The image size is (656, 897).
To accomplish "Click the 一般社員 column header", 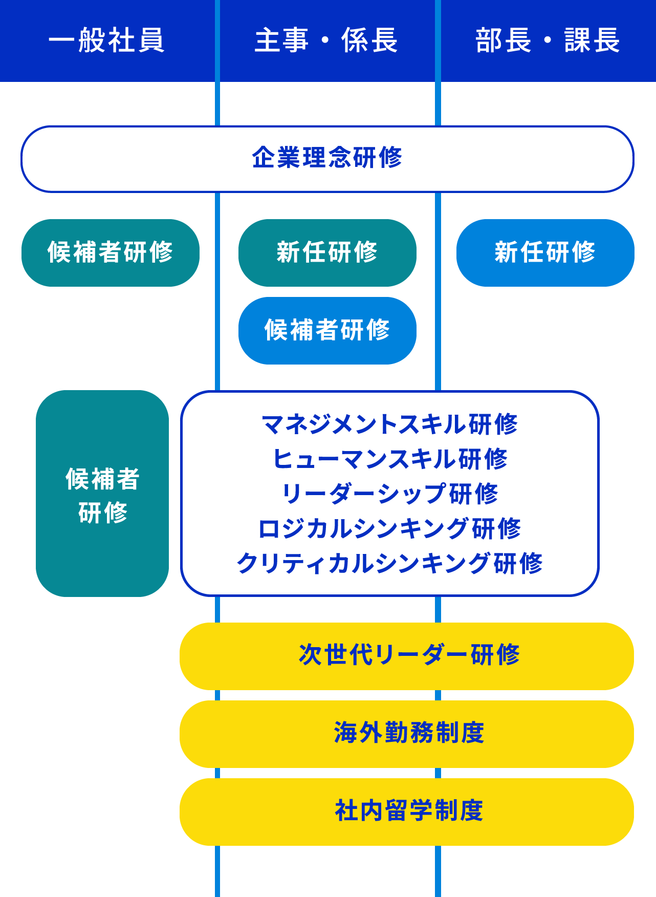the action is pyautogui.click(x=107, y=40).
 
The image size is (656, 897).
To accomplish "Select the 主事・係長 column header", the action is pyautogui.click(x=326, y=40).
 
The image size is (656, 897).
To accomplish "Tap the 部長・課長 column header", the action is pyautogui.click(x=548, y=40).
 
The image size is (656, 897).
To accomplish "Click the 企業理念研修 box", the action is pyautogui.click(x=327, y=159).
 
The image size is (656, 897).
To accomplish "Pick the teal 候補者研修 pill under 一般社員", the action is pyautogui.click(x=111, y=252).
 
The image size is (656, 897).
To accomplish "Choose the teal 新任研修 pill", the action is pyautogui.click(x=327, y=252).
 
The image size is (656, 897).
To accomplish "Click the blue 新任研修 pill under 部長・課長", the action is pyautogui.click(x=545, y=252).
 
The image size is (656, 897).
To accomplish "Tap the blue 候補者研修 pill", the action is pyautogui.click(x=327, y=330).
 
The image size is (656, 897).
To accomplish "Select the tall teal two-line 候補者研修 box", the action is pyautogui.click(x=102, y=494).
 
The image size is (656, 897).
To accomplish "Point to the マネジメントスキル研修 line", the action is pyautogui.click(x=390, y=424).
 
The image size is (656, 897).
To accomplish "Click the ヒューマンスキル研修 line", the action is pyautogui.click(x=390, y=459).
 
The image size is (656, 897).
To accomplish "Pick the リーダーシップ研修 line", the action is pyautogui.click(x=390, y=494).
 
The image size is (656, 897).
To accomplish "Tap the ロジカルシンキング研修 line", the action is pyautogui.click(x=390, y=528).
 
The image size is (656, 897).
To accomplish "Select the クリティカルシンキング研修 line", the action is pyautogui.click(x=390, y=563).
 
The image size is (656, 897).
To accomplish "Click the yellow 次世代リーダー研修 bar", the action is pyautogui.click(x=407, y=656).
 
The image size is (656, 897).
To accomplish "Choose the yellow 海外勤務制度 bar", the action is pyautogui.click(x=407, y=734).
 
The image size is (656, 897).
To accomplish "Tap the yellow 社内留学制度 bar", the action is pyautogui.click(x=407, y=811).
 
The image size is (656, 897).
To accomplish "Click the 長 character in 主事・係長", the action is pyautogui.click(x=384, y=40).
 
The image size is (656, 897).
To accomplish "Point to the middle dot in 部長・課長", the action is pyautogui.click(x=548, y=41).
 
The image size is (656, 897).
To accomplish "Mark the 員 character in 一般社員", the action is pyautogui.click(x=151, y=40).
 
